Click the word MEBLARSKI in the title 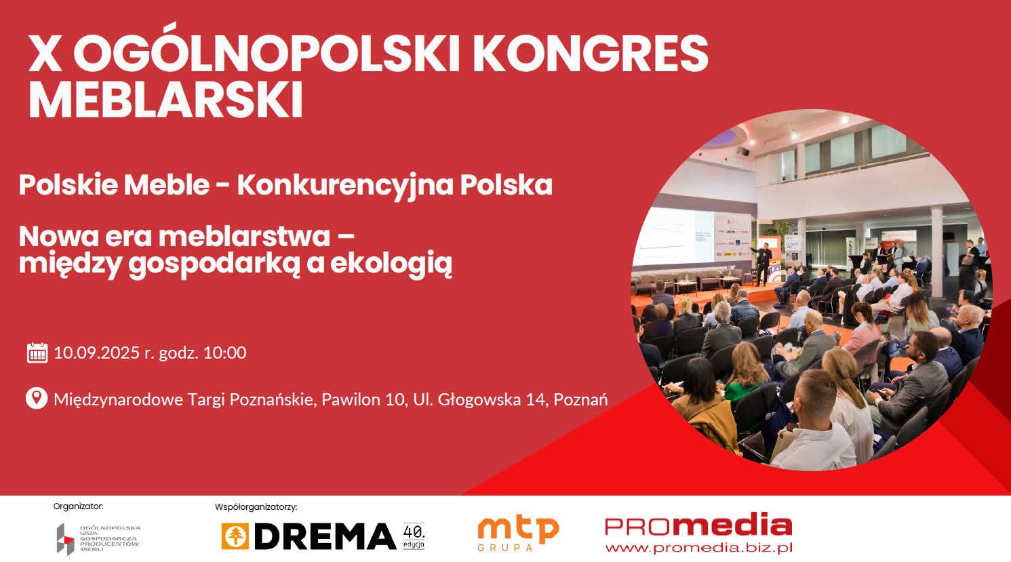pyautogui.click(x=165, y=100)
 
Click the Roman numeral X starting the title pyautogui.click(x=45, y=54)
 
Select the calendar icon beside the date pyautogui.click(x=37, y=353)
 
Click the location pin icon pyautogui.click(x=37, y=398)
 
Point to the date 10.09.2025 pyautogui.click(x=96, y=353)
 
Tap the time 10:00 pyautogui.click(x=224, y=353)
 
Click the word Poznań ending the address pyautogui.click(x=580, y=399)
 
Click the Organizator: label pyautogui.click(x=78, y=506)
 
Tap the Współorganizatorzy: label pyautogui.click(x=256, y=507)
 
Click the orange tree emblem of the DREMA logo pyautogui.click(x=235, y=536)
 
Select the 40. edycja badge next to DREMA pyautogui.click(x=414, y=536)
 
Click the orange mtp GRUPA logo pyautogui.click(x=518, y=533)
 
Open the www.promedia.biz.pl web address pyautogui.click(x=698, y=548)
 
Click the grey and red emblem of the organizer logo pyautogui.click(x=66, y=540)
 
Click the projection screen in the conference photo pyautogui.click(x=673, y=236)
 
